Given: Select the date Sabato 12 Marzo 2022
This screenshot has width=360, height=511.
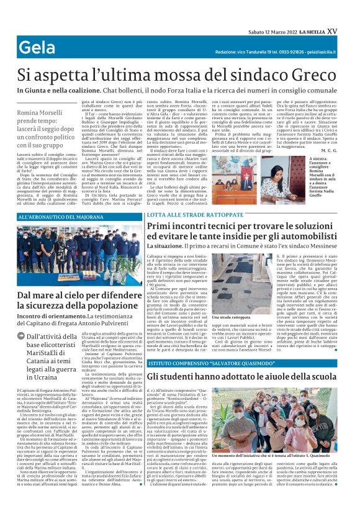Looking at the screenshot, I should coord(266,13).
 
